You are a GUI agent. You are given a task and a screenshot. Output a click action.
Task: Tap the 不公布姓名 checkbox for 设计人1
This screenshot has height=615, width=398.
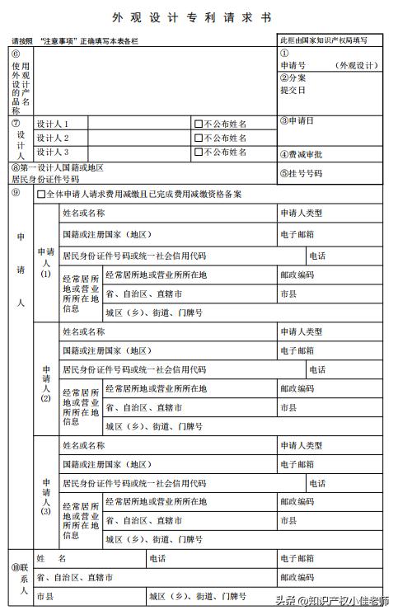198,124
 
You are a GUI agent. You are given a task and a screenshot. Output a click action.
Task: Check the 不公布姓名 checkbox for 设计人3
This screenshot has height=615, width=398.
198,152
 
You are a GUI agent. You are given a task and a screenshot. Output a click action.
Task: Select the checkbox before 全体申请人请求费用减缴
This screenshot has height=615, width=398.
40,195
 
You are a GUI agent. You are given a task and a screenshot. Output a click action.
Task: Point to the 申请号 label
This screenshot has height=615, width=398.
293,65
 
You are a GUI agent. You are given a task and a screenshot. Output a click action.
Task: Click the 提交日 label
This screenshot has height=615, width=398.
293,89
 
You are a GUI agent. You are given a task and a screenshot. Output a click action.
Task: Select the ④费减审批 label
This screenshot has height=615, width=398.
300,154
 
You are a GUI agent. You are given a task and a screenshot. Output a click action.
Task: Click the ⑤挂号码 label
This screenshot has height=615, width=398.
300,174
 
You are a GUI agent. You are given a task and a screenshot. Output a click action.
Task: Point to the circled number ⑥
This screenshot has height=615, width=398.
16,54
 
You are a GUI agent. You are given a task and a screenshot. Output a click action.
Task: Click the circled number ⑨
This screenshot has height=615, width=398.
16,192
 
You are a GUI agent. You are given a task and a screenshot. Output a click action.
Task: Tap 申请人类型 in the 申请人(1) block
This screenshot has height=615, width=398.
301,213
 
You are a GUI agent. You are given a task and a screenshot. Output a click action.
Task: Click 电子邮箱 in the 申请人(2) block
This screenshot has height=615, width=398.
297,350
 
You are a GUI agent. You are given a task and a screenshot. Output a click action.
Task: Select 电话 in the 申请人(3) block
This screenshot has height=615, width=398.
316,483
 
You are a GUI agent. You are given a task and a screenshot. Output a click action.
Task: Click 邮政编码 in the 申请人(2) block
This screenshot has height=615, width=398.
297,387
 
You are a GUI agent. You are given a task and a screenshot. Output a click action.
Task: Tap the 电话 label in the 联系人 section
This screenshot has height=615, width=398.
158,558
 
